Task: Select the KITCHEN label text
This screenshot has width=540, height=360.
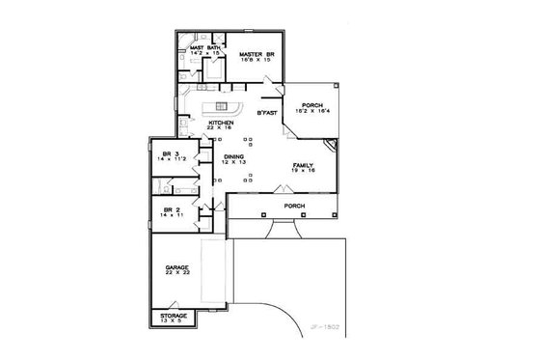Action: [x=221, y=123]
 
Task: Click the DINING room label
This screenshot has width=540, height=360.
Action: [x=233, y=155]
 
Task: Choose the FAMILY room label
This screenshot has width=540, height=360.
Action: [x=304, y=165]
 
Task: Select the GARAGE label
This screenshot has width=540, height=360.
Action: [x=175, y=266]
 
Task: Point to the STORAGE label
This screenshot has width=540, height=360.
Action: [x=175, y=315]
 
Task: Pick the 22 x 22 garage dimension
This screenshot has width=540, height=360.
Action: [x=175, y=273]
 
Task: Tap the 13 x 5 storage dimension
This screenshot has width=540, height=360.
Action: [x=175, y=320]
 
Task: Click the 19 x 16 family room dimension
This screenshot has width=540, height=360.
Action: [x=304, y=171]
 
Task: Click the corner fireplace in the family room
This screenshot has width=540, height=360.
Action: [x=330, y=146]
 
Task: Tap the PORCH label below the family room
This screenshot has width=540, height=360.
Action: [x=294, y=207]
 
